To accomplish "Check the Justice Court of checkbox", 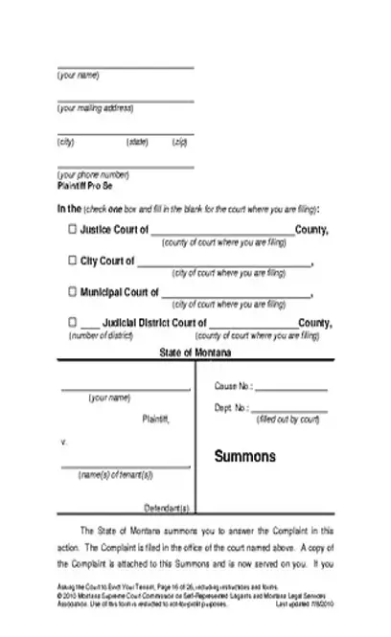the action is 73,230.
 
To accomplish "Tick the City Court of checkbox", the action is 73,261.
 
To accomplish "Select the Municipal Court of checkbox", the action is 73,291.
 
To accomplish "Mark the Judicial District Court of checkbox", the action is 73,323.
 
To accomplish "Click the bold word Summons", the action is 244,456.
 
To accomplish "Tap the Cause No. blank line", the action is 290,389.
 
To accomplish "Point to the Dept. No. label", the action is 232,407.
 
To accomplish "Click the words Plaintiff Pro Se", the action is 85,189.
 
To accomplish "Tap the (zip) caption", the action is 179,143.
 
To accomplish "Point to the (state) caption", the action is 137,143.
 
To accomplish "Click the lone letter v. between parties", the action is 63,444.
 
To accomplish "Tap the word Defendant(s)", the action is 167,507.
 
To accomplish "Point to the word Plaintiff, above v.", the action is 155,419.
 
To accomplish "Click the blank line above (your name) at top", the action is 125,68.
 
